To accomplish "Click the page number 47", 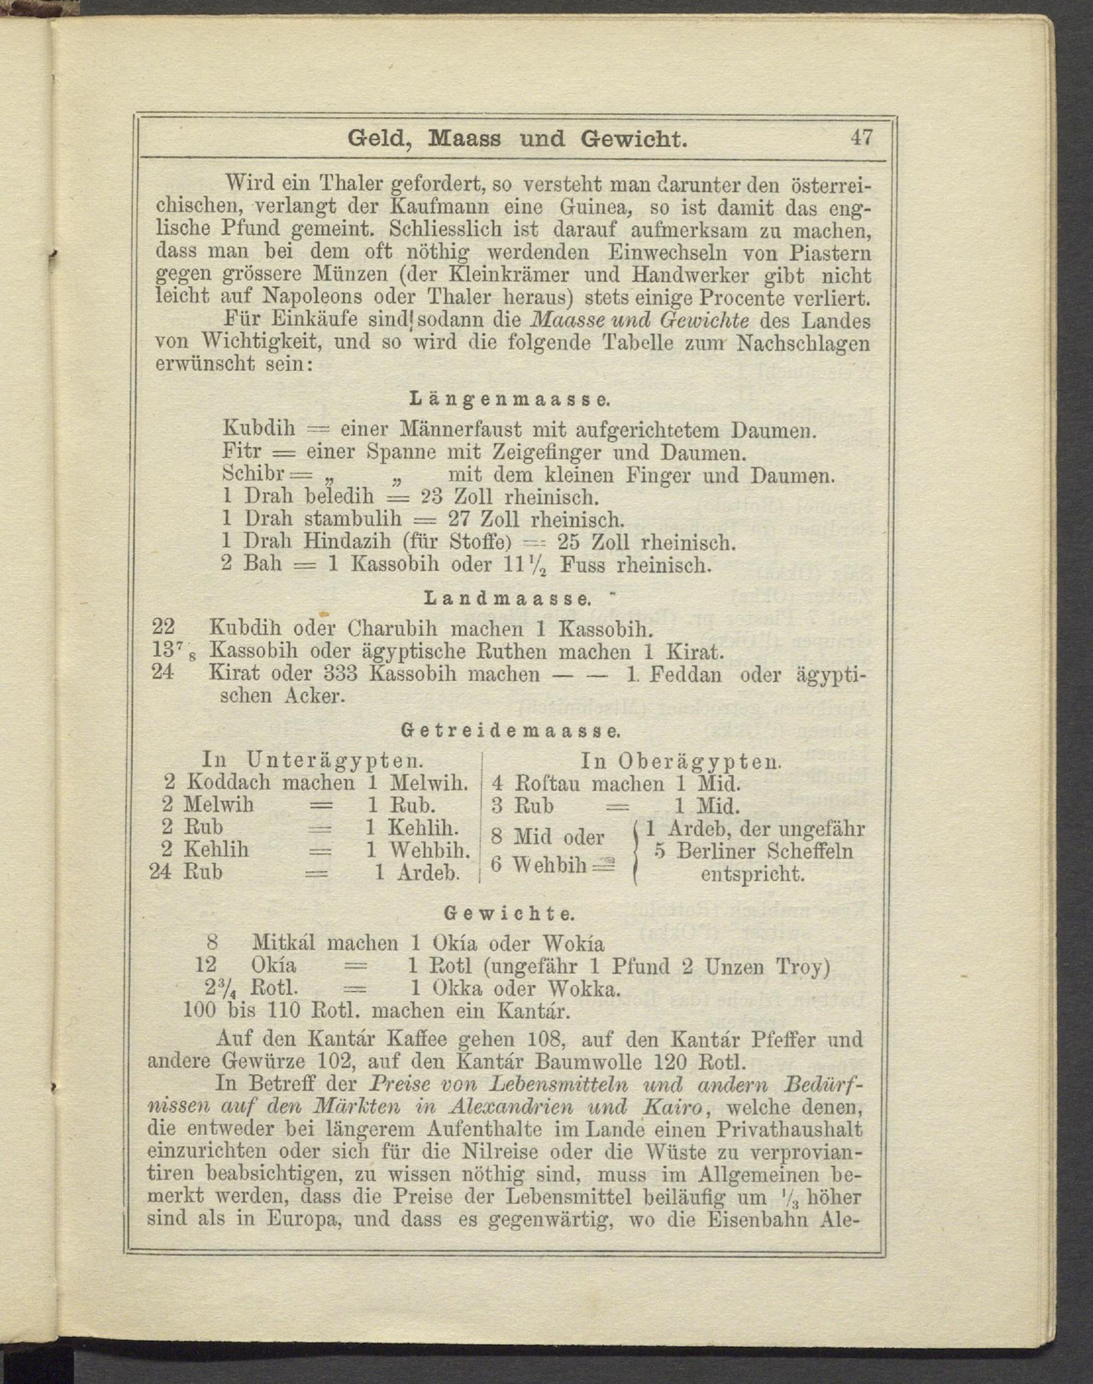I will tap(861, 138).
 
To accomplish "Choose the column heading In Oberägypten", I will tap(681, 760).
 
